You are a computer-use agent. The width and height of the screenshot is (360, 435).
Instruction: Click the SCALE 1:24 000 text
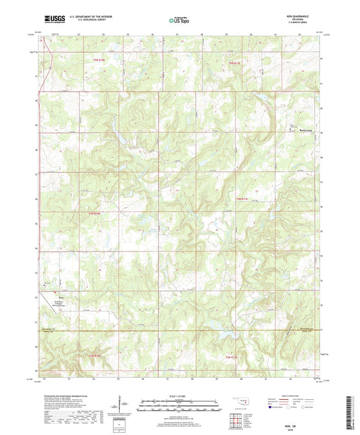pos(179,396)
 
